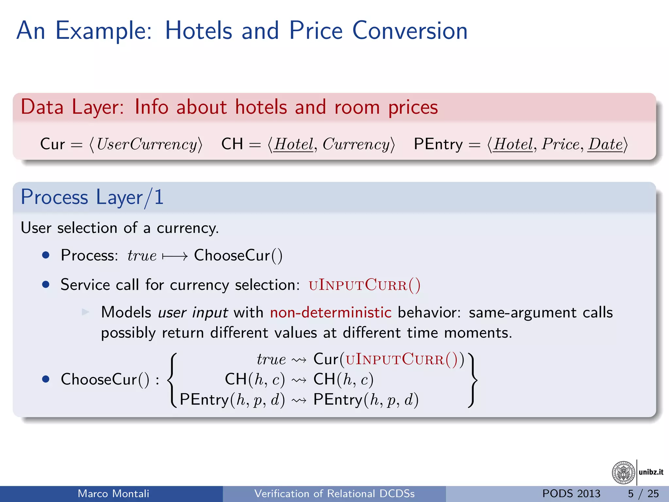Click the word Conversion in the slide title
(410, 30)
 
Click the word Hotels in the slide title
(198, 30)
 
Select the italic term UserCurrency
(147, 144)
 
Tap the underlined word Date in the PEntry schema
(605, 144)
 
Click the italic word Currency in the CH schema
(356, 144)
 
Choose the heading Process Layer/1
(92, 197)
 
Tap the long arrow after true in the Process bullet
(175, 256)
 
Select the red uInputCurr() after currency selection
(365, 285)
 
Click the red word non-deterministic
(331, 312)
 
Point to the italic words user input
(193, 312)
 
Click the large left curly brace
(172, 380)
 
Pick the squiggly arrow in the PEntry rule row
(299, 400)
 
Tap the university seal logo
(623, 472)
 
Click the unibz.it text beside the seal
(651, 472)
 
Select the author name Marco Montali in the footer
(113, 494)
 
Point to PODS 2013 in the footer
(571, 494)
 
